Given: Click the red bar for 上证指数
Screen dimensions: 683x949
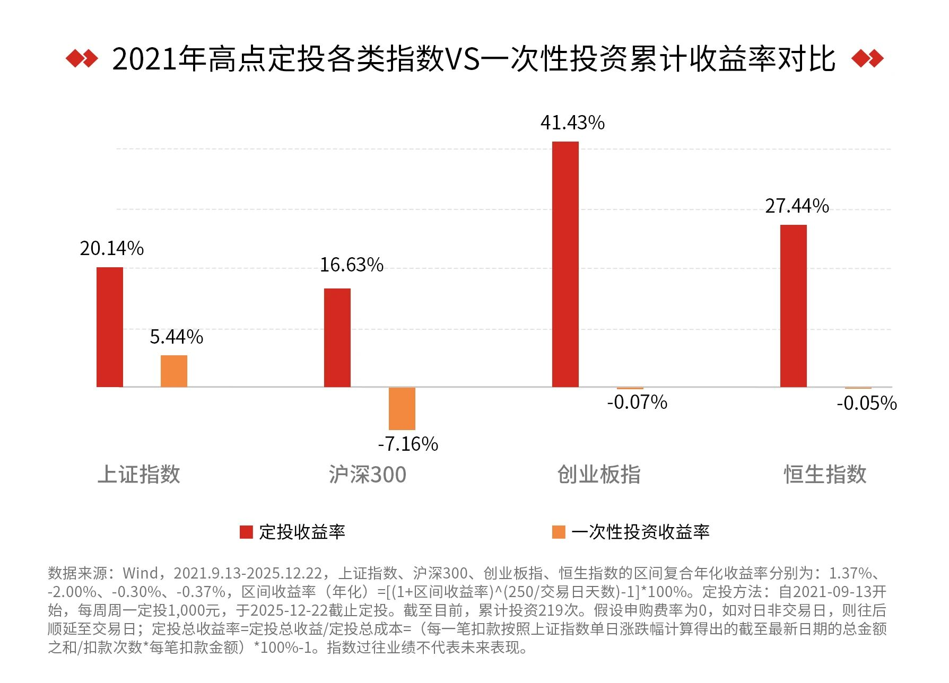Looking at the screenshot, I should [x=110, y=327].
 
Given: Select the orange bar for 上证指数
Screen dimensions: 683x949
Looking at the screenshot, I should [x=174, y=371].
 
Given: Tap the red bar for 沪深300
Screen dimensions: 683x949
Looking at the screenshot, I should [x=337, y=338].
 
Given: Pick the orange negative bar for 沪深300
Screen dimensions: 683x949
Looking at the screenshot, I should [x=402, y=408].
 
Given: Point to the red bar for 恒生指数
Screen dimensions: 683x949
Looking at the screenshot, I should [x=794, y=306].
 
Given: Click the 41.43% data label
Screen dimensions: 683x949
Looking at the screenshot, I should [x=572, y=123].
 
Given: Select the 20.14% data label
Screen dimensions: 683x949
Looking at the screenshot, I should [x=112, y=248].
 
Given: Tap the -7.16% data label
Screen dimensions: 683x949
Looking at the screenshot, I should [x=408, y=444].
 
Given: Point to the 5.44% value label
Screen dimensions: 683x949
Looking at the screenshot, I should [x=177, y=337].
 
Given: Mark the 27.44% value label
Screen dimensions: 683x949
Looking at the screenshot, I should [x=797, y=206].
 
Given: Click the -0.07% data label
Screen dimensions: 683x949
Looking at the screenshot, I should [x=637, y=402].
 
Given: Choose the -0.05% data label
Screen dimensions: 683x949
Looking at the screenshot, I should [x=867, y=404].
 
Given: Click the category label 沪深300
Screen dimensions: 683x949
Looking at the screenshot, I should [x=367, y=474].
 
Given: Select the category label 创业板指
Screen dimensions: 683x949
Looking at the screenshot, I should [x=599, y=474].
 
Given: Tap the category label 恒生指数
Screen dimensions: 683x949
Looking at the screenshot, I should [x=825, y=474].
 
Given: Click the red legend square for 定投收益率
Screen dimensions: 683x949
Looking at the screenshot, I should [x=246, y=532].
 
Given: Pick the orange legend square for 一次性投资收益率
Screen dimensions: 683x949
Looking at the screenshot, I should [x=559, y=532].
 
